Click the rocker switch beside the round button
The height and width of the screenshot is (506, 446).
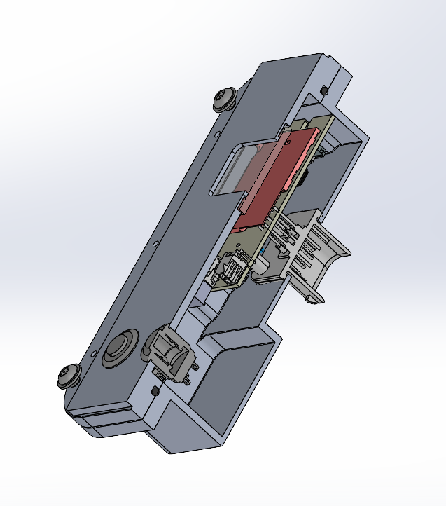point(168,350)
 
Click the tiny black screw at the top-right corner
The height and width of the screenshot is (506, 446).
point(323,90)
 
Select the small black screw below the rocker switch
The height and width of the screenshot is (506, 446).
point(154,390)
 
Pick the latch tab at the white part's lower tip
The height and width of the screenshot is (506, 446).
point(315,298)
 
